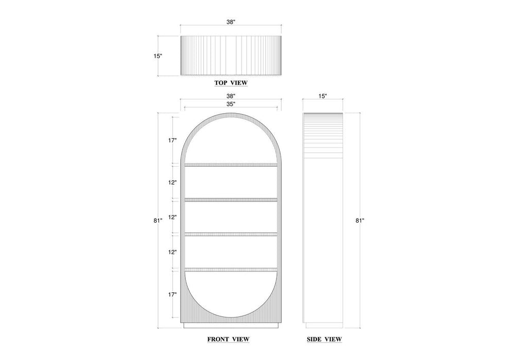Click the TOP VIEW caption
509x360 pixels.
click(x=231, y=83)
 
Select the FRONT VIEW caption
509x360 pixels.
click(x=229, y=339)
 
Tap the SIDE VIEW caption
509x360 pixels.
click(x=324, y=339)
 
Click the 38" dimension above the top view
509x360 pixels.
click(x=231, y=22)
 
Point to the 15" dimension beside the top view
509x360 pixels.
click(x=158, y=56)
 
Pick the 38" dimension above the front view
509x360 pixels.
click(x=231, y=96)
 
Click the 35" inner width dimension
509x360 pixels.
click(x=231, y=104)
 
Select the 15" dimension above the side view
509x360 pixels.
click(x=323, y=96)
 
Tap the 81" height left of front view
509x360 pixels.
click(x=158, y=221)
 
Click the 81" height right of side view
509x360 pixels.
click(x=360, y=221)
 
